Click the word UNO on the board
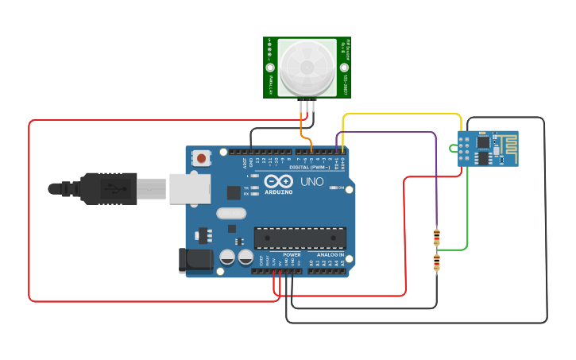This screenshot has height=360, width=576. coord(312,182)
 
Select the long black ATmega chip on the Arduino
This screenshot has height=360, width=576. coord(300,237)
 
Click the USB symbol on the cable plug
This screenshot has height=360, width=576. coord(116,189)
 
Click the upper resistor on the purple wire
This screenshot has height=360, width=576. coord(436,236)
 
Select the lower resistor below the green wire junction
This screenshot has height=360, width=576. coord(436,263)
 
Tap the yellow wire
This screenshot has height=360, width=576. coord(401,114)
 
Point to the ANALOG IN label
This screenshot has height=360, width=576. coord(330,254)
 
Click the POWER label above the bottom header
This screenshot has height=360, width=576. coord(280,254)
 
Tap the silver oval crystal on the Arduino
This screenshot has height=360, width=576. coord(231,213)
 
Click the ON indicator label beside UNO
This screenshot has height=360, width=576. coord(341,188)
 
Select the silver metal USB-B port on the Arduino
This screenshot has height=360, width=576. coord(190,189)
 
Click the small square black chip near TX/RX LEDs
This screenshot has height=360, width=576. coord(234,192)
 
